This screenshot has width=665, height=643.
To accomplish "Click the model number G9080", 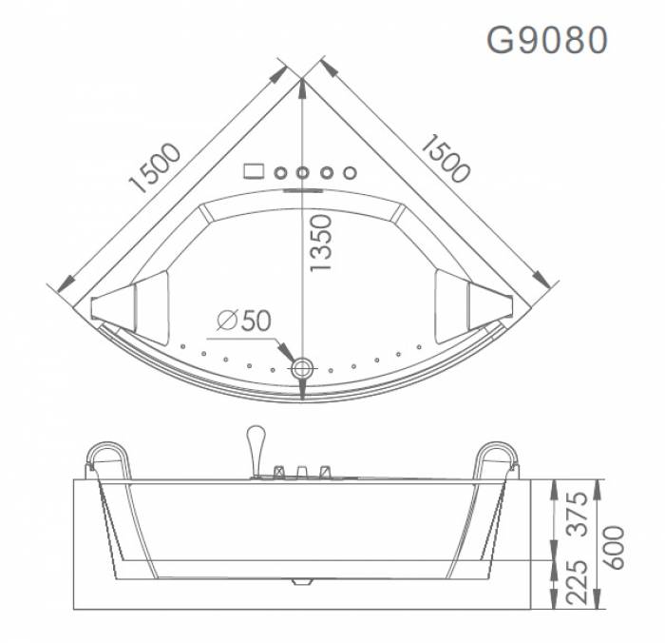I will click(546, 40).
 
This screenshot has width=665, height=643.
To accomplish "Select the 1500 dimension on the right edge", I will click(445, 158).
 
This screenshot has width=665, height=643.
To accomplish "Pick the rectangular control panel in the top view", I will click(254, 172).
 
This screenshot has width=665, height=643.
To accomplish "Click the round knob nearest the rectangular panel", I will click(281, 173).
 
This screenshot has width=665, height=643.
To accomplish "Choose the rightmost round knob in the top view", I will click(350, 173).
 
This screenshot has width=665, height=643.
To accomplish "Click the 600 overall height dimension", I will click(615, 543).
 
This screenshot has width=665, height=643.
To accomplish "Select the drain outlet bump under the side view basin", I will click(303, 577).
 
